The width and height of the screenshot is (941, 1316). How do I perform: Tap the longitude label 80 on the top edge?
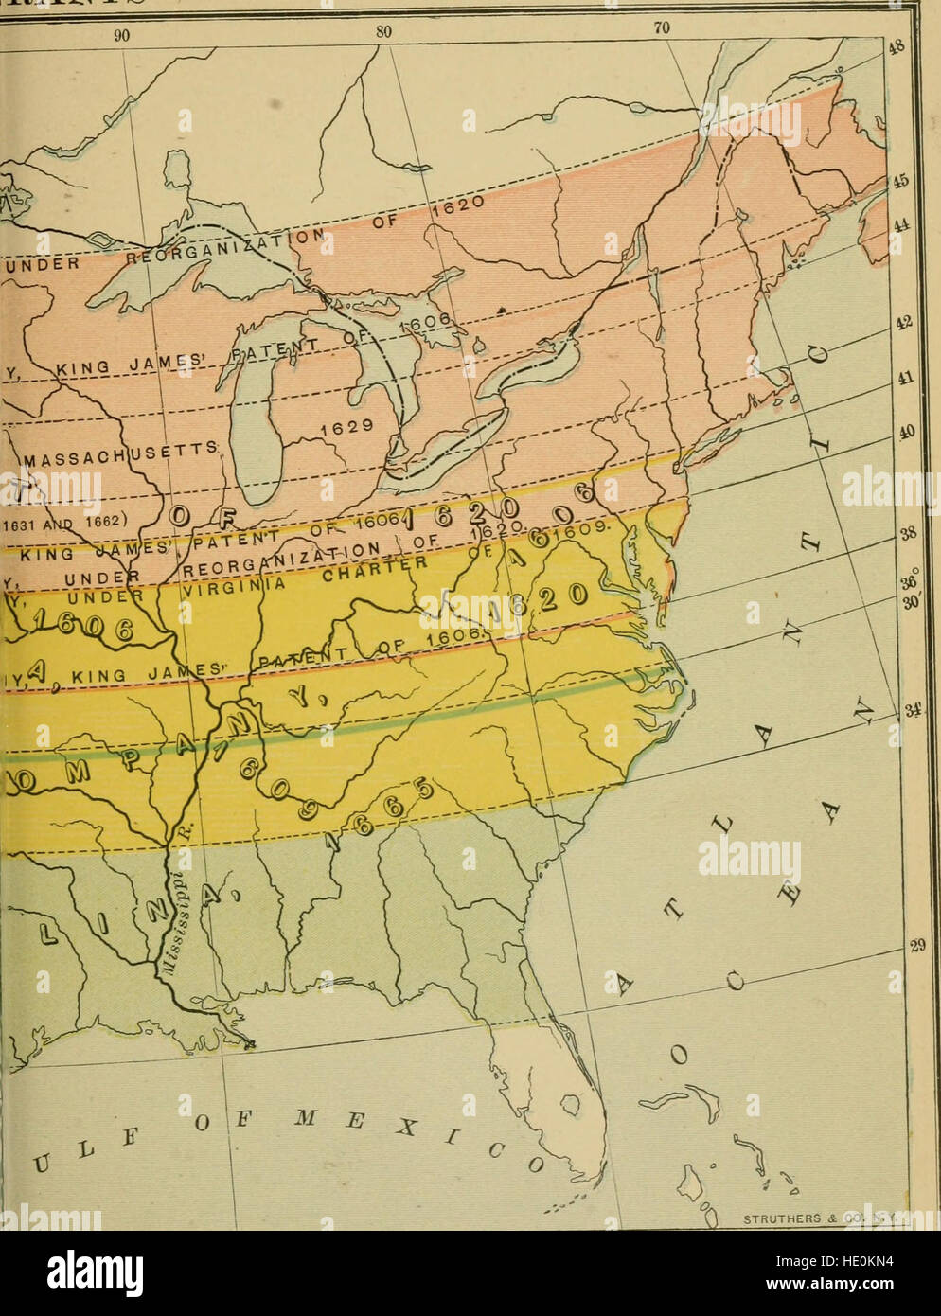click(382, 30)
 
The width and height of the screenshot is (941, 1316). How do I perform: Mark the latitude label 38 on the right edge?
click(907, 532)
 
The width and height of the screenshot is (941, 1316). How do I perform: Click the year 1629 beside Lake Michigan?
click(340, 428)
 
